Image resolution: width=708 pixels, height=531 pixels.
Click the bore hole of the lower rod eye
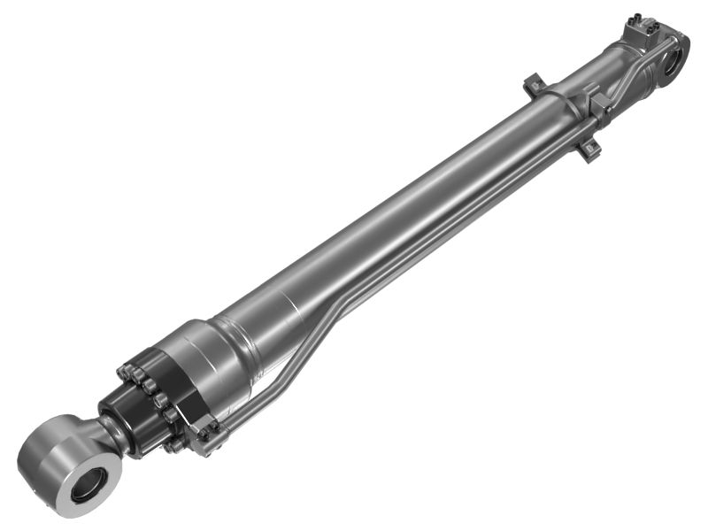[88, 483]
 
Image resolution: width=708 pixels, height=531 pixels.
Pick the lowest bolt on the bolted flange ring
[177, 444]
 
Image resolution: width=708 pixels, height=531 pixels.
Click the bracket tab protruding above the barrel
[531, 86]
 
